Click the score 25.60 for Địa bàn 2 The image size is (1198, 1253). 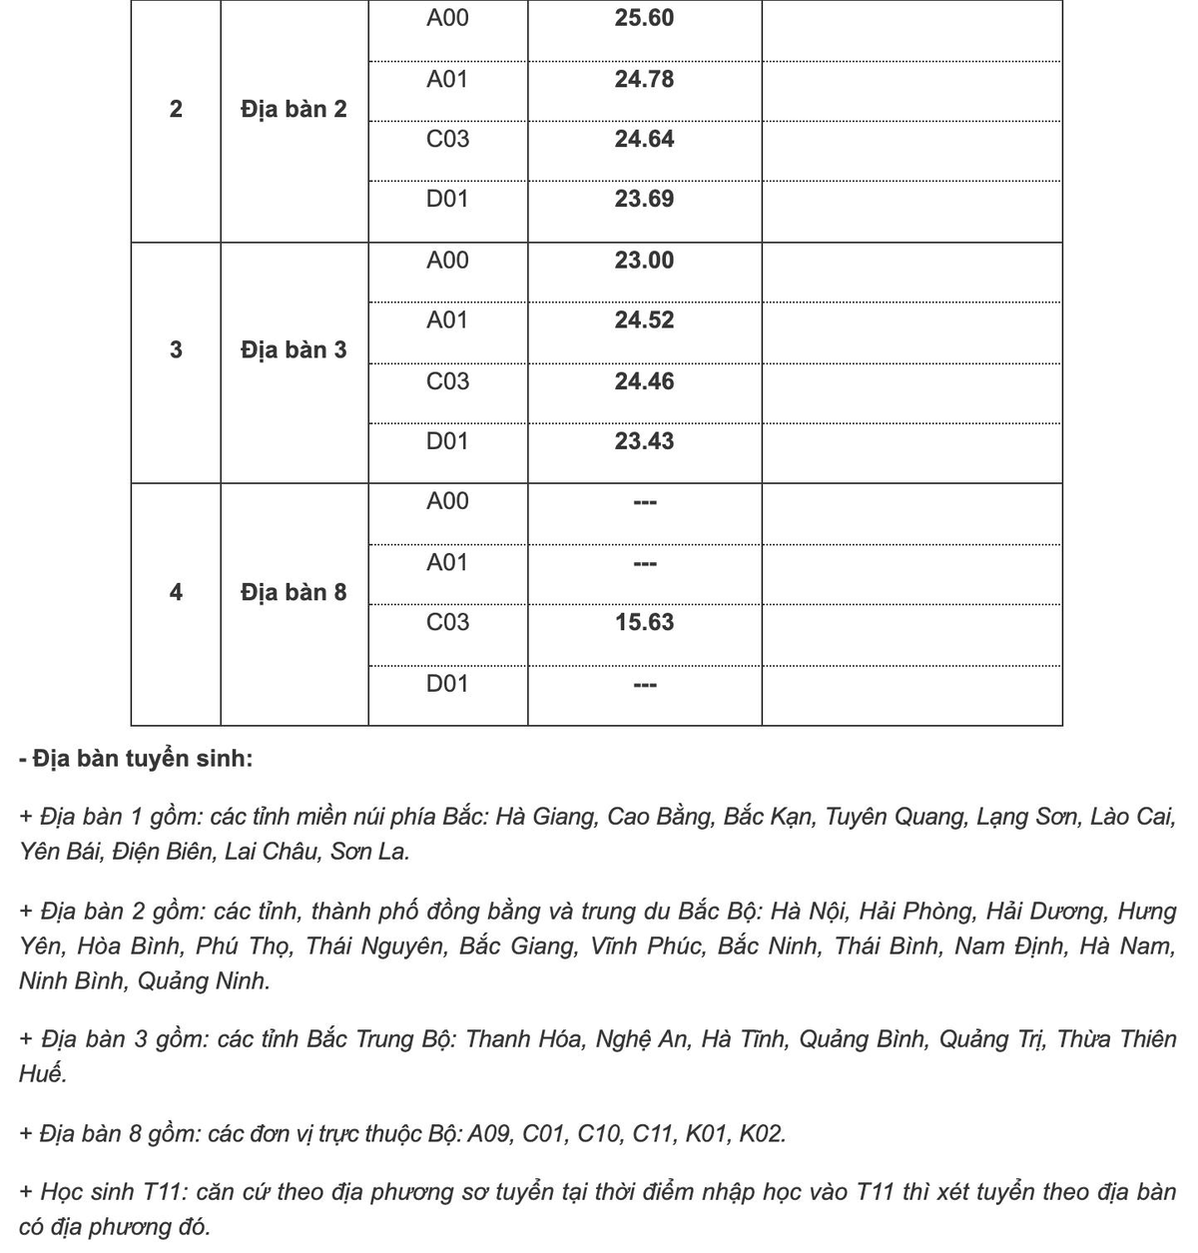pos(644,18)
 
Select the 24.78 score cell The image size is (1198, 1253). pos(644,79)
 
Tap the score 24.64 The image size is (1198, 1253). pos(644,139)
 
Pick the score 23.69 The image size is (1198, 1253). pos(644,199)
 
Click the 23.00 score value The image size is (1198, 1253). pos(644,261)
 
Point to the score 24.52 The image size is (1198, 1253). pos(644,320)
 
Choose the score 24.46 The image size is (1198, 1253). pos(644,381)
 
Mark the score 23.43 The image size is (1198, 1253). pos(644,441)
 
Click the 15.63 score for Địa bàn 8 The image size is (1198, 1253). pos(644,623)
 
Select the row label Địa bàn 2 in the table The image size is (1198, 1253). pos(294,109)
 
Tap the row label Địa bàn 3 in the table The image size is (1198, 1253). pos(294,349)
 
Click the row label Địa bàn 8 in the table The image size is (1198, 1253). pos(294,592)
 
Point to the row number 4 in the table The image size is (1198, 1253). pos(176,592)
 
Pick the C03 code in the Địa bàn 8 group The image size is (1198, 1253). pos(447,623)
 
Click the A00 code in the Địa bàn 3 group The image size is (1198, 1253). pos(447,261)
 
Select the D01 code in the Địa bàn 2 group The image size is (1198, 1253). pos(447,199)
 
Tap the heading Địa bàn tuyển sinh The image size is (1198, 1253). pos(136,759)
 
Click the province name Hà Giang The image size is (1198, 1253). pos(545,817)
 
